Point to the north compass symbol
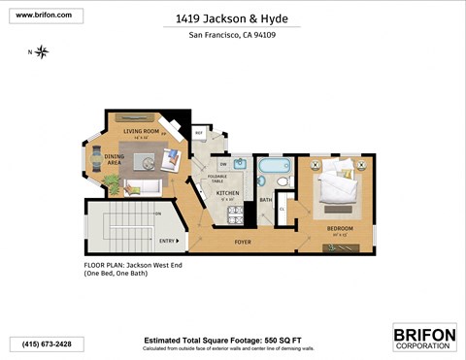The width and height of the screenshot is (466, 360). [x=41, y=51]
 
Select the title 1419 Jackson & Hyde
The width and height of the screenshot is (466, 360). [x=231, y=17]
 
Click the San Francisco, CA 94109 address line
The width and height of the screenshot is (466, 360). [x=232, y=37]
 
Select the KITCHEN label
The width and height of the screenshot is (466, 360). [x=227, y=193]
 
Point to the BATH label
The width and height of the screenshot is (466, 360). [x=265, y=201]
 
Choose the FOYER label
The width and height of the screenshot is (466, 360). [x=240, y=241]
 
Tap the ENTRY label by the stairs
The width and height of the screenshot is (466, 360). [x=166, y=241]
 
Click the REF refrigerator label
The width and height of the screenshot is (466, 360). [x=199, y=133]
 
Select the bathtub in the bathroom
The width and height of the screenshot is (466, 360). [x=267, y=170]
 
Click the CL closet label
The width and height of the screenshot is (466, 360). [x=283, y=208]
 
